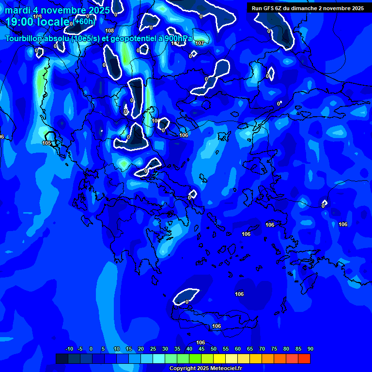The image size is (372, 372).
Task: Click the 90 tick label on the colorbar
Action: (x=310, y=349)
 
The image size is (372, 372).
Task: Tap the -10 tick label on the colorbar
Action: (x=69, y=349)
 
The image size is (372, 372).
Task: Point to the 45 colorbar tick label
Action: (x=201, y=349)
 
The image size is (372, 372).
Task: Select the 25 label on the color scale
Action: (x=153, y=349)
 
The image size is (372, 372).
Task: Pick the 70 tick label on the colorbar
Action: (x=262, y=349)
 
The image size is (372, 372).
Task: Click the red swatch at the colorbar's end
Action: (x=304, y=358)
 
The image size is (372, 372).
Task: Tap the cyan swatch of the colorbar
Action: (x=159, y=358)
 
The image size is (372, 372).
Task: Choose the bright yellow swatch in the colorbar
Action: (x=219, y=358)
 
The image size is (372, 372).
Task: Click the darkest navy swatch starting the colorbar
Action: (x=62, y=358)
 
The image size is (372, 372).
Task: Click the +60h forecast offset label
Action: (x=84, y=21)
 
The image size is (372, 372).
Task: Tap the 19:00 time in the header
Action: (x=19, y=21)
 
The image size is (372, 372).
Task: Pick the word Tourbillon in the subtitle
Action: (x=24, y=39)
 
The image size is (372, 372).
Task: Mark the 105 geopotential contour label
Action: (x=46, y=143)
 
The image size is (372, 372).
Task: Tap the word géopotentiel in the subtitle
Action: (x=133, y=39)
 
